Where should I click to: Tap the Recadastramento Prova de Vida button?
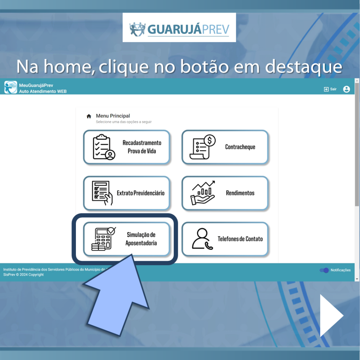pos(127,147)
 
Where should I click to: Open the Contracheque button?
pos(225,147)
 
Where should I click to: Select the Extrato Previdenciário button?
pos(127,193)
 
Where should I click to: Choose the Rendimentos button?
pos(225,193)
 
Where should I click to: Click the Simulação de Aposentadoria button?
pos(127,239)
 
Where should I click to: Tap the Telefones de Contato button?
pos(225,239)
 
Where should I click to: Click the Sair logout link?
pos(330,89)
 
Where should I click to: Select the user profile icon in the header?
pos(346,89)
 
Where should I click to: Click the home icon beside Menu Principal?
pos(89,116)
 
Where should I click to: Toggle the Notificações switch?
pos(324,270)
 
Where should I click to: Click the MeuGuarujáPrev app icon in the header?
pos(11,87)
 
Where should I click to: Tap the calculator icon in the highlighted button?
pos(103,239)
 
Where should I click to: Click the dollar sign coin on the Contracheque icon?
pos(210,140)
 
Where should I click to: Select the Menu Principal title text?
pos(113,116)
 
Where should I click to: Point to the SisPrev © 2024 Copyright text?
pos(24,275)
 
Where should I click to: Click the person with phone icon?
pos(202,239)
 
